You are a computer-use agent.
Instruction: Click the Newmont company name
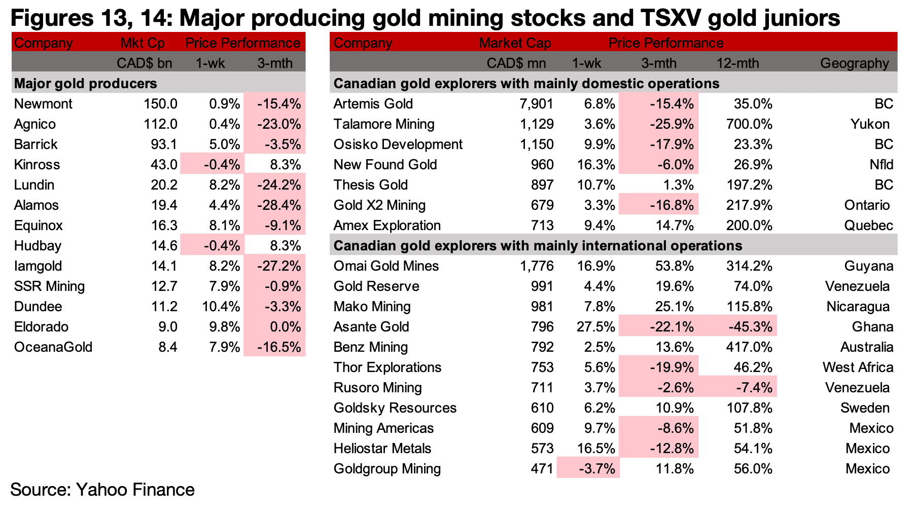(x=43, y=104)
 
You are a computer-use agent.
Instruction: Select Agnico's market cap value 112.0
(x=160, y=124)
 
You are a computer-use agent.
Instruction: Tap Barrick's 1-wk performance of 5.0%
(x=225, y=144)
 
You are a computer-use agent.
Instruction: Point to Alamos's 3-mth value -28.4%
(x=279, y=205)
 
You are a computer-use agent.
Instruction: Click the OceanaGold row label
(x=53, y=347)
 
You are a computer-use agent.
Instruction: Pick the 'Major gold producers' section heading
(x=86, y=84)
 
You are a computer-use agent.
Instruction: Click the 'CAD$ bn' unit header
(x=145, y=63)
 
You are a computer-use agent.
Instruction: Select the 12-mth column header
(x=737, y=63)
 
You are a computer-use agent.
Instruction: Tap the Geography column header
(x=855, y=63)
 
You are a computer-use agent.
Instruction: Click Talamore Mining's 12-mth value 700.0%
(x=749, y=124)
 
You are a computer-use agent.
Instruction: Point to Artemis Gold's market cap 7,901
(x=537, y=104)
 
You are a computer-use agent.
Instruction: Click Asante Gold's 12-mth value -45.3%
(x=751, y=327)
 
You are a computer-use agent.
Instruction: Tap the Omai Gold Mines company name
(x=386, y=266)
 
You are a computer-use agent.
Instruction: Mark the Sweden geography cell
(x=865, y=408)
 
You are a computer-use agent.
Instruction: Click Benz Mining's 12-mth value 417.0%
(x=749, y=347)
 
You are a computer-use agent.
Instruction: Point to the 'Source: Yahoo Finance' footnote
(x=102, y=490)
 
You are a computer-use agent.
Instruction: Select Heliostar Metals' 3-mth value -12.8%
(x=672, y=449)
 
